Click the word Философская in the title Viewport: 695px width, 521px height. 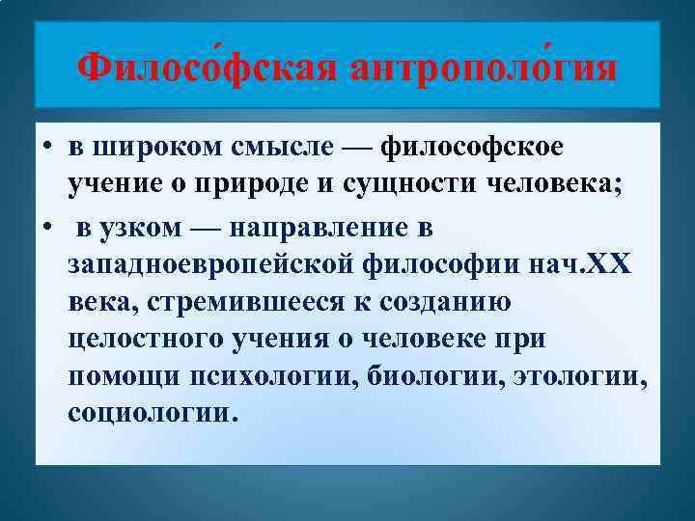click(x=208, y=69)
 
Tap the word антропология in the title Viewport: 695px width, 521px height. click(x=485, y=69)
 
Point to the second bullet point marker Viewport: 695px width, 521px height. click(x=47, y=229)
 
